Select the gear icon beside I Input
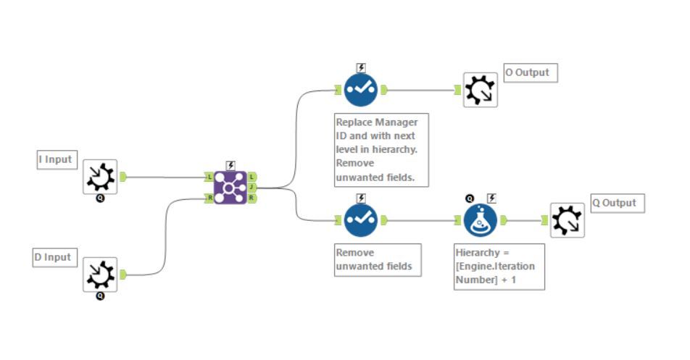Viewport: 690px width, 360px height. coord(100,176)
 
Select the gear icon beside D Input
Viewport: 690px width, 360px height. coord(100,274)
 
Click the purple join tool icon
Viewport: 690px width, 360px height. coord(230,188)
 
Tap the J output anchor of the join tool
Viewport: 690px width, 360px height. coord(252,187)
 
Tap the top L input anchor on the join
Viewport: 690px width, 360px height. coord(209,177)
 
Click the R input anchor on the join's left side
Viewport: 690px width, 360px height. coord(209,198)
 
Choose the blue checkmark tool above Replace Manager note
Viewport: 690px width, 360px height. coord(361,90)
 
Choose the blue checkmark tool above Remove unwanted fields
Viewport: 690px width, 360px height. coord(361,220)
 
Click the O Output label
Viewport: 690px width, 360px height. coord(531,72)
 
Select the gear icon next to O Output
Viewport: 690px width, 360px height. coord(481,90)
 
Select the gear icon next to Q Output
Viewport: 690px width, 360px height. coord(567,220)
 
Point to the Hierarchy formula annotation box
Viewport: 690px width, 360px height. coord(499,267)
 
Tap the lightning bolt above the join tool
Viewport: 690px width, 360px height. coord(230,165)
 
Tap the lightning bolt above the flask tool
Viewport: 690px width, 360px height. coord(491,198)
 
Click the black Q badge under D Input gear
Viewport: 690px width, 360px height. coord(100,296)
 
